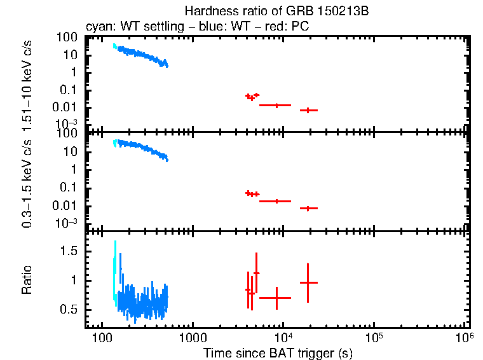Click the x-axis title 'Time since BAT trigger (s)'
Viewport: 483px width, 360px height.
(x=278, y=352)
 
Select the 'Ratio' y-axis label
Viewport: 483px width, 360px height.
(x=27, y=280)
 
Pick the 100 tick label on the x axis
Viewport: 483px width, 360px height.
(x=100, y=336)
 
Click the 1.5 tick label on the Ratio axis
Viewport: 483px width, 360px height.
(x=69, y=252)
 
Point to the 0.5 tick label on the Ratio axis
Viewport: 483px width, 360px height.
(x=69, y=310)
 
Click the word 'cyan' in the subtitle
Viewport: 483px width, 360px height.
(x=97, y=28)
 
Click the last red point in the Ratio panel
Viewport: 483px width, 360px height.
(x=308, y=282)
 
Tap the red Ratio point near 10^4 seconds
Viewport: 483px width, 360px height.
(x=277, y=298)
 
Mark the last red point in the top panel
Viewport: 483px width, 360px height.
(x=308, y=110)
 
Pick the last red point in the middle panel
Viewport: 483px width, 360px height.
(x=308, y=208)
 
